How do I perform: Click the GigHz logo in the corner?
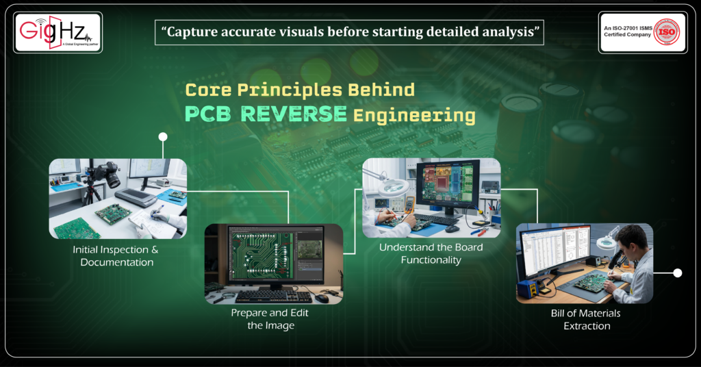[58, 32]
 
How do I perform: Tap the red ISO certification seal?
[665, 32]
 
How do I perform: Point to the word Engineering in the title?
[414, 115]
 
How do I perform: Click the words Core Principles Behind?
[300, 90]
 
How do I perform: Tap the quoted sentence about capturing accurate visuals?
[349, 32]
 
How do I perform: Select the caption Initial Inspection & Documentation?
[117, 256]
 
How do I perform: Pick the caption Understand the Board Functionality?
[431, 253]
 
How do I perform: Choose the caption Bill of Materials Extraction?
[586, 320]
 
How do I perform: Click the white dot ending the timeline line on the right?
[678, 273]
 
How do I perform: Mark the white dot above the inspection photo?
[163, 137]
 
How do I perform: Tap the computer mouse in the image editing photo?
[321, 298]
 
